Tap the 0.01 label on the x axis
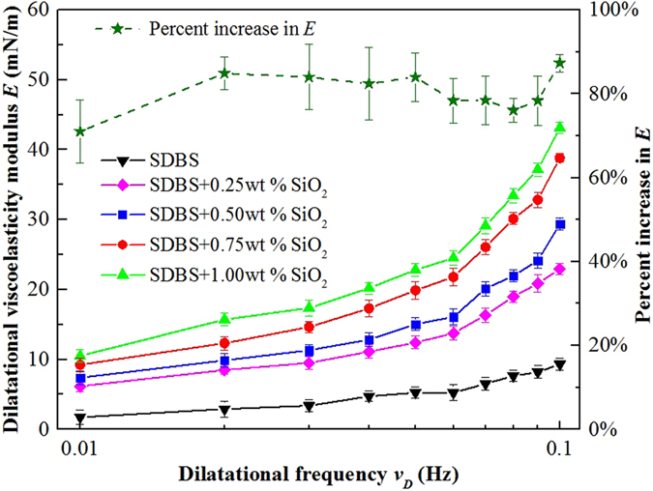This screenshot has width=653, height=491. pyautogui.click(x=80, y=449)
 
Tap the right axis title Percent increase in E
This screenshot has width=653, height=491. pyautogui.click(x=640, y=218)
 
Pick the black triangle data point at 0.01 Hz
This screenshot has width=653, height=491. pyautogui.click(x=80, y=418)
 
